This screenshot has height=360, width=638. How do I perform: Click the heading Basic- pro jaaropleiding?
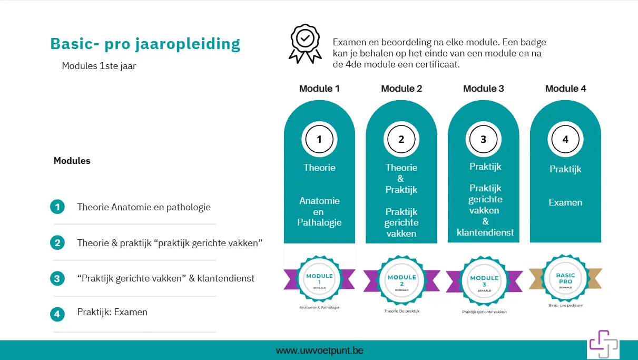point(145,44)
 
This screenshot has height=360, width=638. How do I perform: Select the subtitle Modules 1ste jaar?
point(99,66)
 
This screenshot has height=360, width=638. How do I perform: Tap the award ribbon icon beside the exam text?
point(305,43)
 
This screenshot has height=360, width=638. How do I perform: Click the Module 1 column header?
point(319,89)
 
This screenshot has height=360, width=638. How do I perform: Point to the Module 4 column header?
point(565,89)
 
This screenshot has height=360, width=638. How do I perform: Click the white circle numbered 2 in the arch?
point(401,139)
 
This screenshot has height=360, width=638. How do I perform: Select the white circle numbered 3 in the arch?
point(484,139)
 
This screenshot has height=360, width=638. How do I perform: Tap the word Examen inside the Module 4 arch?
point(565,202)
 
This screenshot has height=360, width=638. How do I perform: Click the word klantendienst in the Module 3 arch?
point(485,232)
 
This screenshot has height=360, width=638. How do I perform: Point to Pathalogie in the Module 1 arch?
point(319,222)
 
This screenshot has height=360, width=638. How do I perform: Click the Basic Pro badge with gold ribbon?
point(565,278)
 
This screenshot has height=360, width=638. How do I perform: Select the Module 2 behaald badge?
point(401,280)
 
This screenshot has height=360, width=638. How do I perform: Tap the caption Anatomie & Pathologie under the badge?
point(319,307)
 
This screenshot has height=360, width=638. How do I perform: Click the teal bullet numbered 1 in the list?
point(57,207)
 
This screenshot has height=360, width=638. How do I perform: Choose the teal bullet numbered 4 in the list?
point(57,314)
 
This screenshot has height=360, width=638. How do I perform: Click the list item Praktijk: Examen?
point(112,312)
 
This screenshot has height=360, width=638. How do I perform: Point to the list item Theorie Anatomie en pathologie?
point(144,207)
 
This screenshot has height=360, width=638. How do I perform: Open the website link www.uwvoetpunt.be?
point(319,351)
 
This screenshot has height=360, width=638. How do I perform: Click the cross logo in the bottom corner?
point(603,344)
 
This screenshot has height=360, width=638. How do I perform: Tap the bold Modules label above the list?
point(72,161)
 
